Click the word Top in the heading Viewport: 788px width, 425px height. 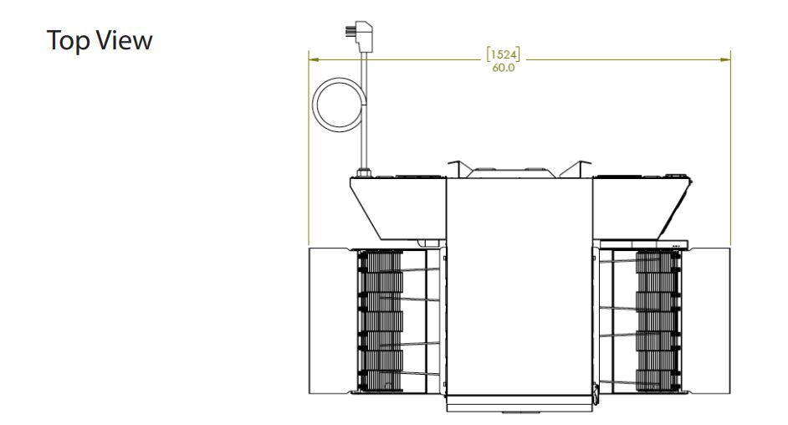[x=68, y=41]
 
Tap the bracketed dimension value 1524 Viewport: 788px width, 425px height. [x=503, y=54]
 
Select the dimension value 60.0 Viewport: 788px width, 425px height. [x=503, y=68]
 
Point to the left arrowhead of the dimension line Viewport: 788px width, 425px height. [x=314, y=59]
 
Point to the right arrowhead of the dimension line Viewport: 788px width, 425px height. [x=725, y=59]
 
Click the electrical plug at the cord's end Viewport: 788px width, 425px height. [x=360, y=34]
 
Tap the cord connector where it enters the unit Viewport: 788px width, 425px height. [x=364, y=172]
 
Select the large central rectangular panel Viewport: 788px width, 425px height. [x=519, y=286]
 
